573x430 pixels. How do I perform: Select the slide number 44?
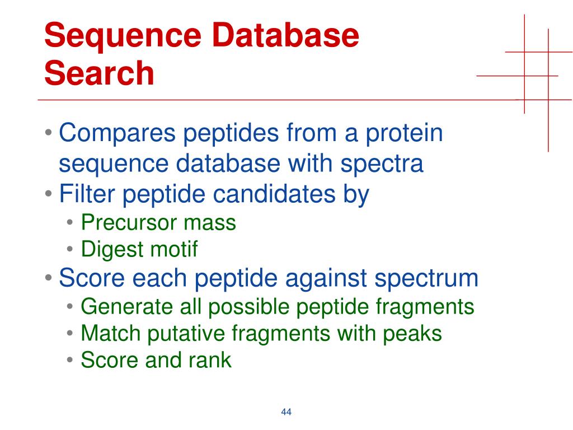pyautogui.click(x=286, y=413)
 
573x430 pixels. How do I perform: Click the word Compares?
pyautogui.click(x=118, y=135)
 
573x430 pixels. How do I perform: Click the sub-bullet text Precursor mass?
pyautogui.click(x=158, y=222)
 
